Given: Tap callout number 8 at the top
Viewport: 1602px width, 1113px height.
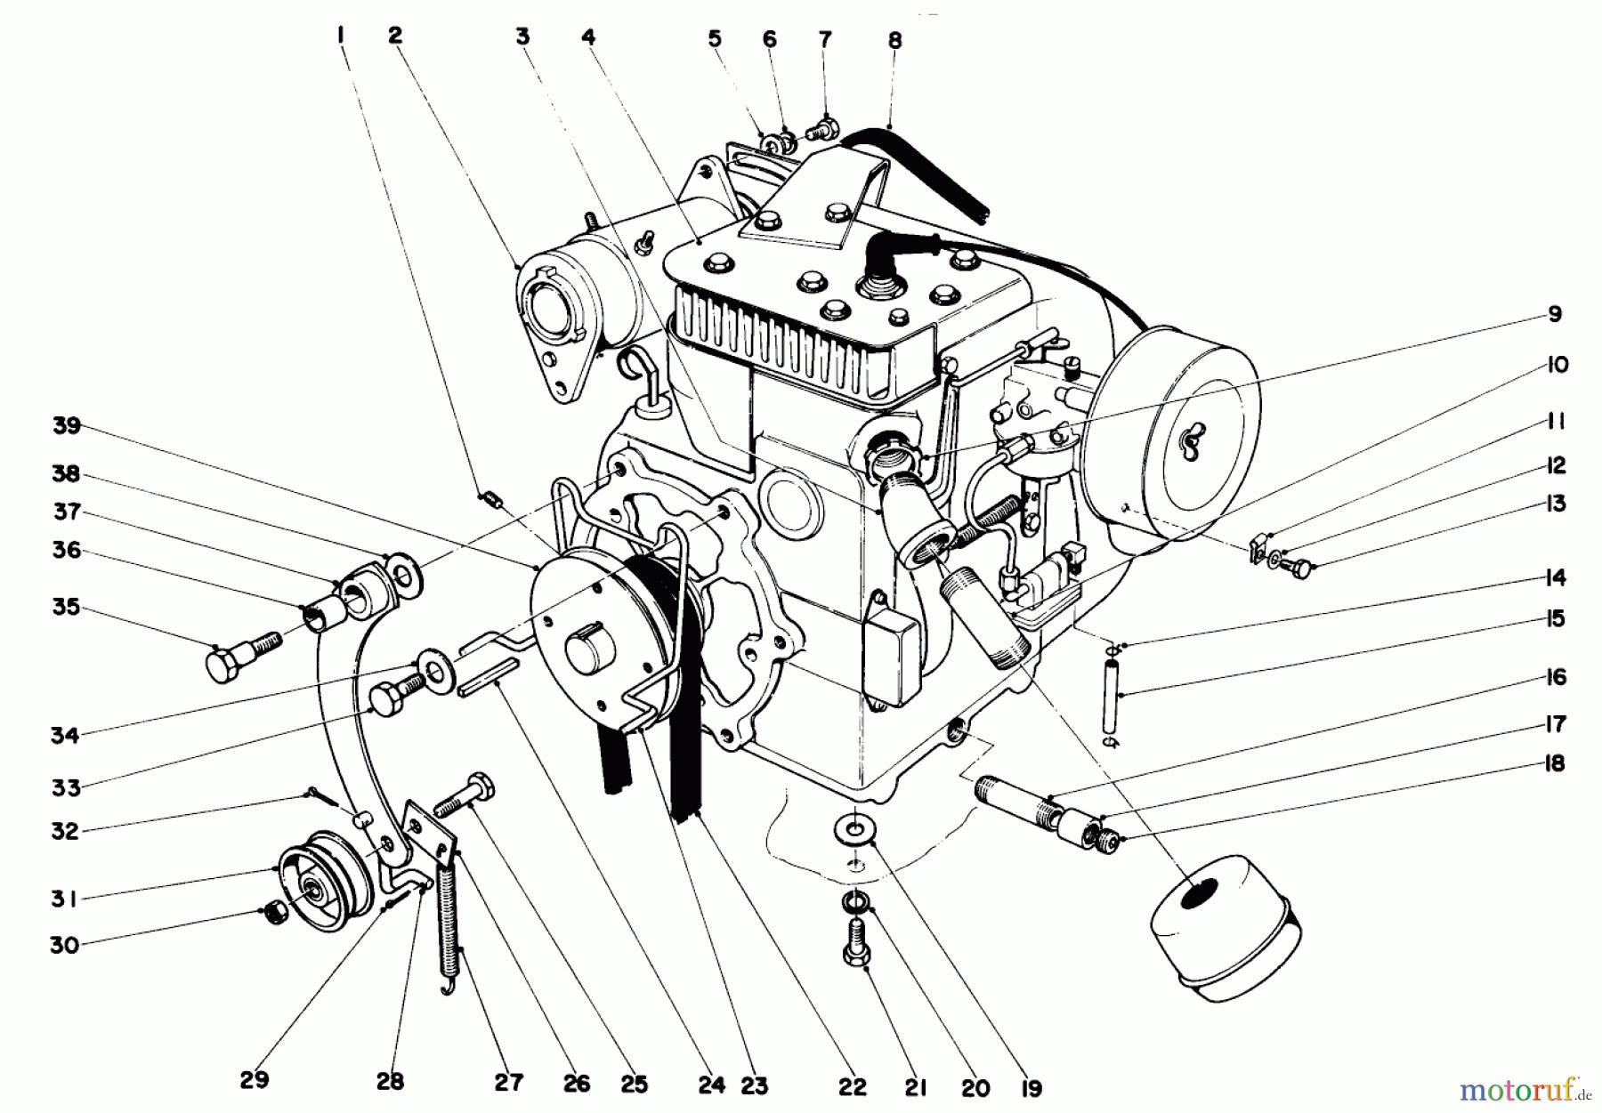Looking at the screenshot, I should [x=894, y=40].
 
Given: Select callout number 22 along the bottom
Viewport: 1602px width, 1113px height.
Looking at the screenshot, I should [x=852, y=1087].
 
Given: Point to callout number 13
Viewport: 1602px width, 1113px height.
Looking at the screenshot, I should [x=1555, y=504].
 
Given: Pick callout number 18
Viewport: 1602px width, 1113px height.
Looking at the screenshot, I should [x=1555, y=764].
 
